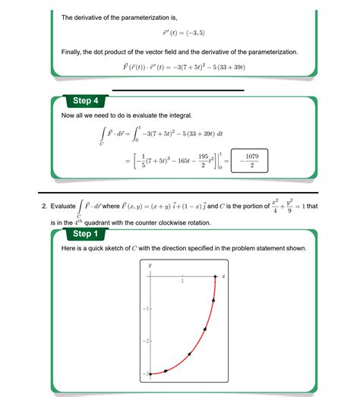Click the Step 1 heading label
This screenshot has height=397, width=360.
pos(84,234)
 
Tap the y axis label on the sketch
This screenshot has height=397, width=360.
pos(150,265)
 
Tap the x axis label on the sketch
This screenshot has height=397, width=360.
pos(224,276)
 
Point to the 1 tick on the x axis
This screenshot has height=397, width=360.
pos(182,282)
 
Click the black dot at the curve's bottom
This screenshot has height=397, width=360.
pos(150,373)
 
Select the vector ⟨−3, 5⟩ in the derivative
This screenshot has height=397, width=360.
pos(191,33)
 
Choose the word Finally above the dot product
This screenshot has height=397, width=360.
pos(74,52)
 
